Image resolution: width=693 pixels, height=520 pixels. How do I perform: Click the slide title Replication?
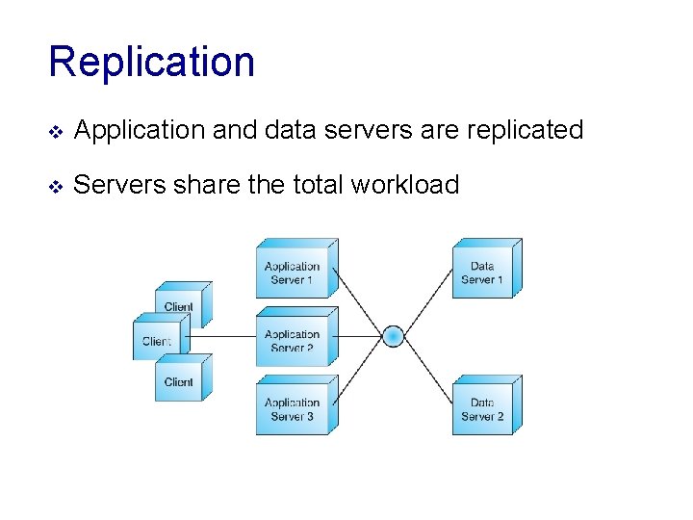(151, 62)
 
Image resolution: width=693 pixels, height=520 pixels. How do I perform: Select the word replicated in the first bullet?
(528, 130)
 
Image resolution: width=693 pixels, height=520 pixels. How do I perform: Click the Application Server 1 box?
(294, 273)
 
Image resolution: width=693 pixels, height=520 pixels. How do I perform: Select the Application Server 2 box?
(294, 340)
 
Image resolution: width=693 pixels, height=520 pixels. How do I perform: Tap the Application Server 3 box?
(294, 408)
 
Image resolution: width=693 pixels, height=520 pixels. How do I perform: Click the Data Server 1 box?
(483, 272)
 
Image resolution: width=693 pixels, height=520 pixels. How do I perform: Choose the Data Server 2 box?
(483, 408)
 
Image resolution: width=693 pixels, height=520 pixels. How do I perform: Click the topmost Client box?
(180, 306)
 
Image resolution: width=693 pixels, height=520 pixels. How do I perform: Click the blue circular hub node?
(393, 336)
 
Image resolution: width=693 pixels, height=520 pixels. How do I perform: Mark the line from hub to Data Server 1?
(423, 302)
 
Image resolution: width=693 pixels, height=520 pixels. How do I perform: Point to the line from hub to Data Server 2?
(423, 371)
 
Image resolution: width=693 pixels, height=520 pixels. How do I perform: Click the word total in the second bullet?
(316, 184)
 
